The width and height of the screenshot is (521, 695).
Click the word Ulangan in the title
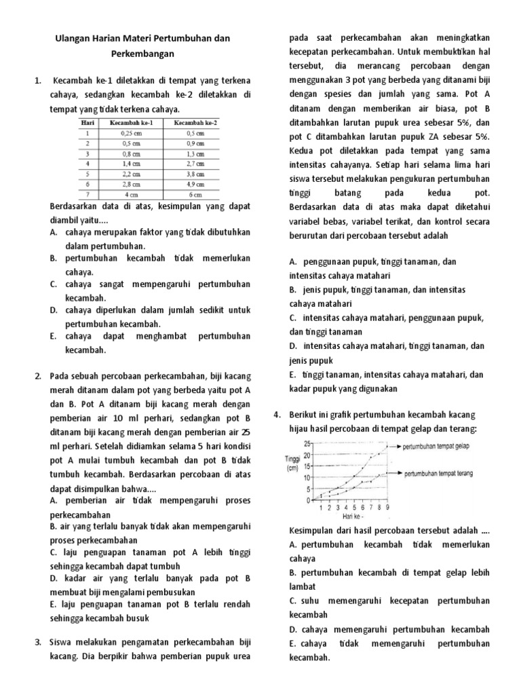pos(72,39)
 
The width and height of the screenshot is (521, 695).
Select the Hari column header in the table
pos(86,124)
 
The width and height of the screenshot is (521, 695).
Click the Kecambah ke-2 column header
pos(195,124)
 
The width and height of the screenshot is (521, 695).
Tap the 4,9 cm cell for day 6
pos(195,183)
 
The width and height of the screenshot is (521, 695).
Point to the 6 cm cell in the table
pos(195,193)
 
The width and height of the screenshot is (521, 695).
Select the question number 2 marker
pos(37,375)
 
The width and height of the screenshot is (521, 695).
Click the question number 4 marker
pos(277,414)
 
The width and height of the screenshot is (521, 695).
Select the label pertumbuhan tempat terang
pos(438,473)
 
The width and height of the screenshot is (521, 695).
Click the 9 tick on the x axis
pos(386,506)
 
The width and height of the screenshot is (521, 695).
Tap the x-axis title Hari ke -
pos(351,516)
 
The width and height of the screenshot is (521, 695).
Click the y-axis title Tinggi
pos(292,459)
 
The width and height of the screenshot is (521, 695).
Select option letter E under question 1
pos(53,336)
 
